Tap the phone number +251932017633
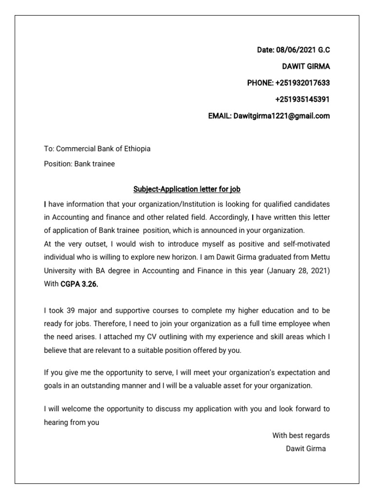[x=302, y=83]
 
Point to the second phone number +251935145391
[x=302, y=100]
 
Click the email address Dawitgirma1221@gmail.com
[x=281, y=116]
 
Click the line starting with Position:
[x=79, y=164]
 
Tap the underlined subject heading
[x=187, y=189]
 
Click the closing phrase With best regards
[x=300, y=435]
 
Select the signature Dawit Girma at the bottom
[x=305, y=448]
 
